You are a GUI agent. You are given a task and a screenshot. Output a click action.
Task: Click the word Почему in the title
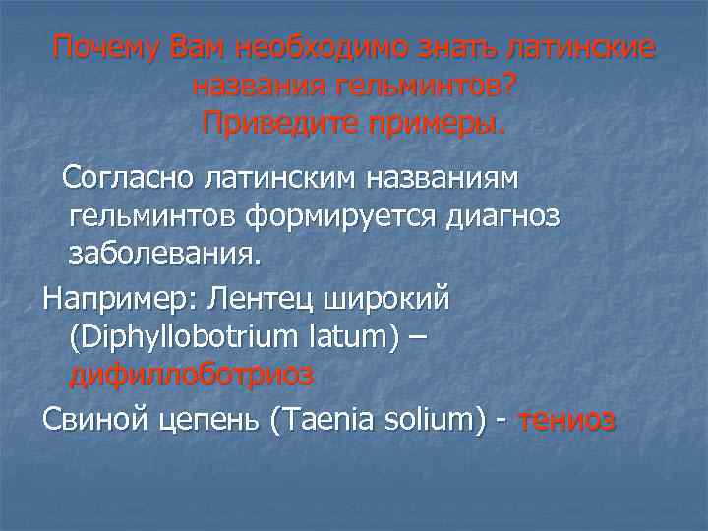click(107, 48)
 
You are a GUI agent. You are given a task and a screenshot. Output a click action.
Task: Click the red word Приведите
click(277, 124)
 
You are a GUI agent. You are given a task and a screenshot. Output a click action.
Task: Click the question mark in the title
click(506, 87)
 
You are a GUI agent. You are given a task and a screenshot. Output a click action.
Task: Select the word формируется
click(334, 218)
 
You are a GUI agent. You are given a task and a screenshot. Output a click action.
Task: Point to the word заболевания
click(164, 256)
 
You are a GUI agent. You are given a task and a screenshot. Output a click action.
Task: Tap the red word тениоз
click(566, 420)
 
